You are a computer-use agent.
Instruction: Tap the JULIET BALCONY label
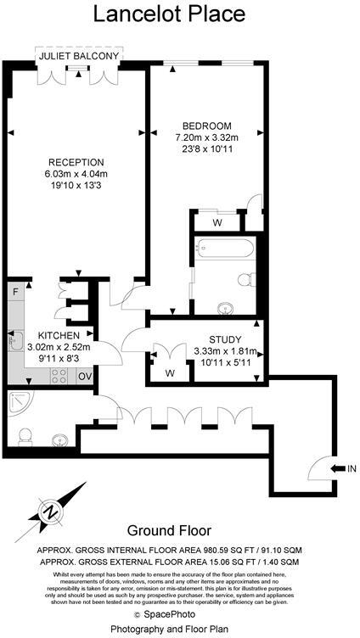(x=79, y=56)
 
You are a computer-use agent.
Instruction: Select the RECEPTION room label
(x=76, y=163)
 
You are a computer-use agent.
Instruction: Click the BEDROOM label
(x=206, y=125)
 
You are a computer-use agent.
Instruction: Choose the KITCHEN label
(x=52, y=334)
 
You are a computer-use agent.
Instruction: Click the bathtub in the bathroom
(x=222, y=249)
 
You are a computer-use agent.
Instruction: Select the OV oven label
(x=85, y=376)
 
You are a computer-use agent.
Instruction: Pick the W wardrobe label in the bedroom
(x=218, y=224)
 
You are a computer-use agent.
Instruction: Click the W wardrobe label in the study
(x=170, y=372)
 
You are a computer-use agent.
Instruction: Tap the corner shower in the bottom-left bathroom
(x=20, y=404)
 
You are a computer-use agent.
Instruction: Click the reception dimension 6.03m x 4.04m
(x=76, y=175)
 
